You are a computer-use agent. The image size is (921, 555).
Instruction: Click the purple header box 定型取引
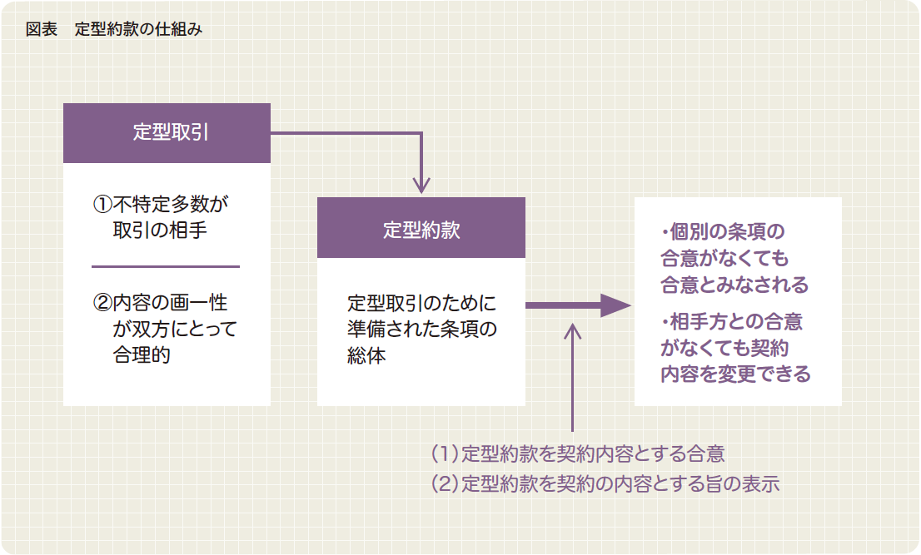tap(167, 133)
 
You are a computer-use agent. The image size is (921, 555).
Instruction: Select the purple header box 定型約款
tap(421, 228)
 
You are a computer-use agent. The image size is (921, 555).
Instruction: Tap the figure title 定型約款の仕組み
tap(138, 29)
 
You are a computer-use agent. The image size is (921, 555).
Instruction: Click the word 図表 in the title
tap(41, 29)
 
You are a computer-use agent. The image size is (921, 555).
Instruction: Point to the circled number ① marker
tap(102, 203)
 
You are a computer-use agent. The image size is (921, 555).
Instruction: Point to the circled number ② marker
tap(102, 302)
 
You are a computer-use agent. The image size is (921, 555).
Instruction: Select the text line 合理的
tap(142, 354)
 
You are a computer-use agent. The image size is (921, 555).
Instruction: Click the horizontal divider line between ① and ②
tap(166, 266)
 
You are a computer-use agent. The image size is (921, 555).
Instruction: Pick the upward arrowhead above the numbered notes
tap(572, 331)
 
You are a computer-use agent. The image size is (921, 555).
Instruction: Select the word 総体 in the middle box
tap(366, 355)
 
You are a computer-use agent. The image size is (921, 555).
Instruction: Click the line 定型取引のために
tap(421, 302)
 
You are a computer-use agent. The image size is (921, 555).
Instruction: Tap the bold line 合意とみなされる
tap(734, 285)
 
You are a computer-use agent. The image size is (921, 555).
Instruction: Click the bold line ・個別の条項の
tap(723, 230)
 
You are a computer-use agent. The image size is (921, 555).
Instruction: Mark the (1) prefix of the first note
tap(446, 453)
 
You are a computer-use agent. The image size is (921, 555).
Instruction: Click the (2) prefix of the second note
tap(446, 483)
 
